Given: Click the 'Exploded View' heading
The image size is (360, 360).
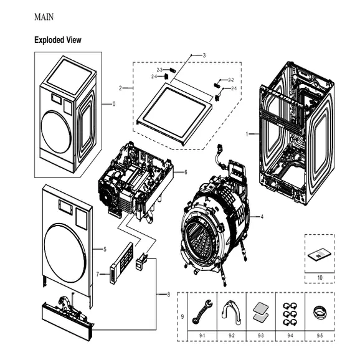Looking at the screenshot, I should [58, 40].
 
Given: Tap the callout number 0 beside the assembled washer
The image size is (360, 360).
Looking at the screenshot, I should [113, 104].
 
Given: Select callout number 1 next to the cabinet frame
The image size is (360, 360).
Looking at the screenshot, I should [247, 134].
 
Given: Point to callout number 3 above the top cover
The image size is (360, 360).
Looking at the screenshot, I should [204, 55].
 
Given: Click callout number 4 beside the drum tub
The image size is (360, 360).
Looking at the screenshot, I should [262, 217].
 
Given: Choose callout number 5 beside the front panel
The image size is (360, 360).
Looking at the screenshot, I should [104, 249].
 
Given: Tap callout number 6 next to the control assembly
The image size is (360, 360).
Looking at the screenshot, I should [185, 172].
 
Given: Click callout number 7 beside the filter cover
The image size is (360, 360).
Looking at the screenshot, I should [98, 274].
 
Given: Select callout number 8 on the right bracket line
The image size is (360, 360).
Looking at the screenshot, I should [168, 294].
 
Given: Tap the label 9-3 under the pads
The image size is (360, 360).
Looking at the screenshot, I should [260, 335].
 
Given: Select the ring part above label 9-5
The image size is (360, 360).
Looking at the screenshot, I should [319, 311].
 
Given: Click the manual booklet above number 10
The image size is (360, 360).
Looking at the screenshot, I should [319, 255].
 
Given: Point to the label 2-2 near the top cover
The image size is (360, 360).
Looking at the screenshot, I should [230, 80].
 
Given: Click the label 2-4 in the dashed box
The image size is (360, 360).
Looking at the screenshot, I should [154, 76].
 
